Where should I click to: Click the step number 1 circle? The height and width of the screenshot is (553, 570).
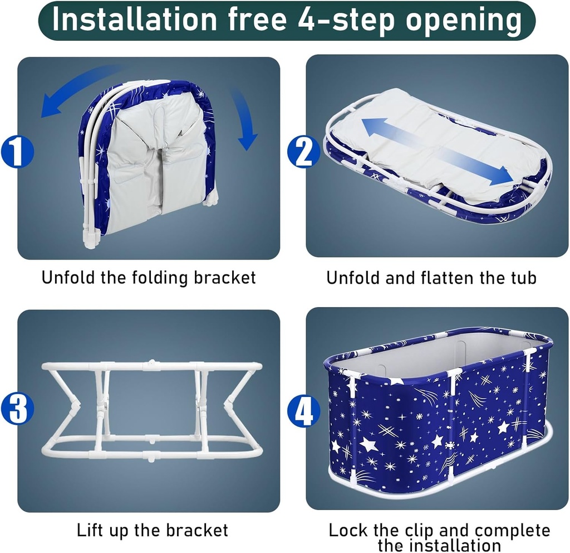[17, 152]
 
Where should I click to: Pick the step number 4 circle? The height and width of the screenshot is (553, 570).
[304, 412]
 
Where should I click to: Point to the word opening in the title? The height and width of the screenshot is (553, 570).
[463, 20]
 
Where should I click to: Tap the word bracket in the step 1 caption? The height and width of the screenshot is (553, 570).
[224, 277]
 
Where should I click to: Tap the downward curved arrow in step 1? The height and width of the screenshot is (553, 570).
[244, 117]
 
